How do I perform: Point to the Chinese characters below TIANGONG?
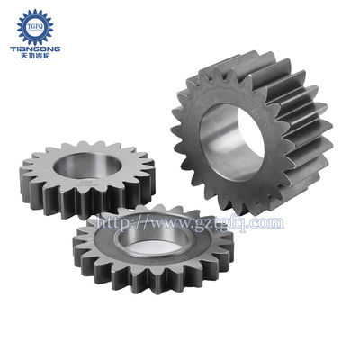coord(35,54)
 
